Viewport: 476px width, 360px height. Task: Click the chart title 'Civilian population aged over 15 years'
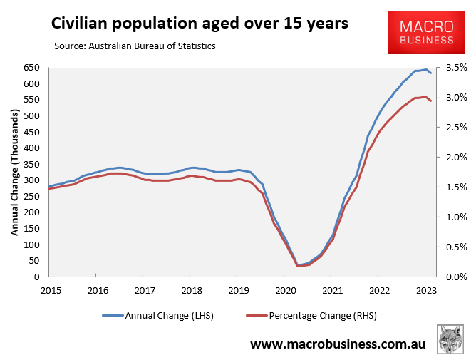pyautogui.click(x=200, y=24)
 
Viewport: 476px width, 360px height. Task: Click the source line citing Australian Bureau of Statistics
pyautogui.click(x=135, y=46)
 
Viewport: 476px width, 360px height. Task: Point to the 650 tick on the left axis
pyautogui.click(x=31, y=68)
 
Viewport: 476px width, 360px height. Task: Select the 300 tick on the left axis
pyautogui.click(x=31, y=180)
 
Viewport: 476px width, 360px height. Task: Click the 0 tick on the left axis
pyautogui.click(x=38, y=277)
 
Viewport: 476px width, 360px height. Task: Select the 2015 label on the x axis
pyautogui.click(x=50, y=289)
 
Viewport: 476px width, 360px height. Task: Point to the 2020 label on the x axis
pyautogui.click(x=285, y=289)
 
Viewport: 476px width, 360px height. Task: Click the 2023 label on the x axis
pyautogui.click(x=425, y=289)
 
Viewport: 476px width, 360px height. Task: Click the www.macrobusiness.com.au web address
pyautogui.click(x=337, y=344)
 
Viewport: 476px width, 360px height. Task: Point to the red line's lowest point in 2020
pyautogui.click(x=298, y=266)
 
